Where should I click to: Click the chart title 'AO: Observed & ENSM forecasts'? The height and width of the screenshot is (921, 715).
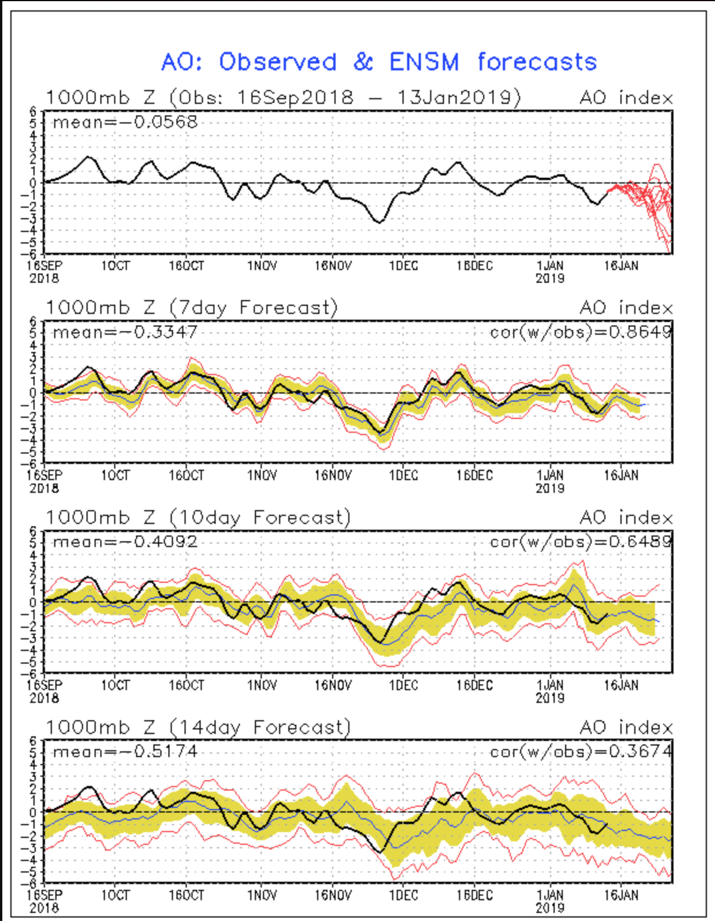tap(379, 62)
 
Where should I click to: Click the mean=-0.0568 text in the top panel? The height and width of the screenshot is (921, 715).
tap(125, 122)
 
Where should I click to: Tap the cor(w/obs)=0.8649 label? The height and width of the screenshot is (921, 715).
tap(581, 332)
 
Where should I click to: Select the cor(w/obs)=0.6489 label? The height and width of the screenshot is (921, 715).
tap(581, 542)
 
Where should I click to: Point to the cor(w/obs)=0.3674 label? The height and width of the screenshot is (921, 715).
tap(581, 752)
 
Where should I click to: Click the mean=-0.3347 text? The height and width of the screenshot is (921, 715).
tap(125, 332)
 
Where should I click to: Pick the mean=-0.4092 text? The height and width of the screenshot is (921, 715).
tap(125, 542)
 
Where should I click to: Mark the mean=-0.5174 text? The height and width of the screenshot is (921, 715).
tap(125, 752)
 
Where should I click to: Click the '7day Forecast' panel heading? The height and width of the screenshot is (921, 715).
tap(254, 308)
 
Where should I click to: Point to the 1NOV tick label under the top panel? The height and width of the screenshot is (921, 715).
tap(262, 266)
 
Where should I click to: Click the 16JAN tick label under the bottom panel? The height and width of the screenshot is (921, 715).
tap(621, 896)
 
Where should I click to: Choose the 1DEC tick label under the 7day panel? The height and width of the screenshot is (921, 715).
tap(403, 476)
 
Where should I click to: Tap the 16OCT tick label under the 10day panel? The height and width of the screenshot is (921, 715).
tap(186, 686)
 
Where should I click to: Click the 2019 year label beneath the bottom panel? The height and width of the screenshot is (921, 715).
tap(550, 908)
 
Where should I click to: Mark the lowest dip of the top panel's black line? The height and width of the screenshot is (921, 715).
tap(379, 222)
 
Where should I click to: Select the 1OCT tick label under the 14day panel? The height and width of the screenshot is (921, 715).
tap(115, 896)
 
